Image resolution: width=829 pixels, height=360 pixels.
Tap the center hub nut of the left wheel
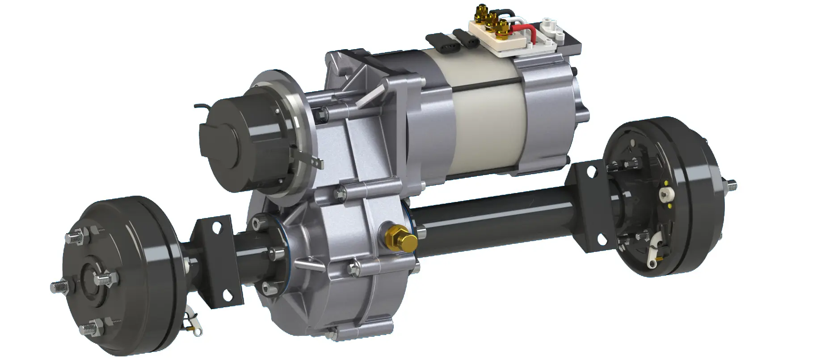(93, 280)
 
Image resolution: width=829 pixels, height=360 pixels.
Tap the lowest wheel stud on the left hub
(88, 331)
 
